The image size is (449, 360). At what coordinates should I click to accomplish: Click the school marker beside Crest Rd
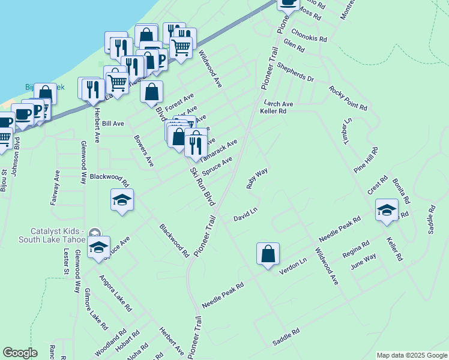[387, 210]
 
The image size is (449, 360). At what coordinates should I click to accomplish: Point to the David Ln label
[246, 214]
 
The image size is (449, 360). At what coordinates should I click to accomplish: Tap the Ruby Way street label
[257, 178]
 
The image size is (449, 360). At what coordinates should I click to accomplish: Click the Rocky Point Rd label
[348, 98]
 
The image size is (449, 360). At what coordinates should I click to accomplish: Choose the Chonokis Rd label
[309, 35]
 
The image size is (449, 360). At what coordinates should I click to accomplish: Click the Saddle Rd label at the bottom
[286, 336]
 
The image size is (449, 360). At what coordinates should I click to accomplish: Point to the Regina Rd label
[357, 248]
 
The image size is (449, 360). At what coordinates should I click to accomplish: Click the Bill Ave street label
[113, 124]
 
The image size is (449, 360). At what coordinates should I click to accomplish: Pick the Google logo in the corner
[20, 353]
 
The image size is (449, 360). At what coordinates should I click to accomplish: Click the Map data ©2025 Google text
[412, 355]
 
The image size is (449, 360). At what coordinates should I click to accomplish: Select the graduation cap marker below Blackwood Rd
[122, 200]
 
